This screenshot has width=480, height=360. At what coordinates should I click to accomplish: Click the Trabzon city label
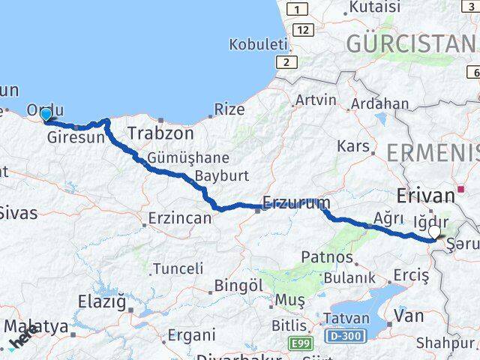coord(160,133)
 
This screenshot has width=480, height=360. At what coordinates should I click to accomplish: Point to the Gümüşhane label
coord(177,158)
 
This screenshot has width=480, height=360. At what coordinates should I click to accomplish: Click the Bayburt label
coord(216,177)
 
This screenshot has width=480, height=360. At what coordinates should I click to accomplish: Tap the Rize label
coord(229,109)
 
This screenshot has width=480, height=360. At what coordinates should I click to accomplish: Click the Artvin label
coord(316,100)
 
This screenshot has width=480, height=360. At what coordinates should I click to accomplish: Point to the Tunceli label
coord(178,268)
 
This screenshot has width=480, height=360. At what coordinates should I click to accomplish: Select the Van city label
coord(408,316)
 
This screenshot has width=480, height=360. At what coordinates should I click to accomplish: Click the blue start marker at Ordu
coord(46,114)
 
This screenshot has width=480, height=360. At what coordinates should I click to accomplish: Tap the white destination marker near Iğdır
coord(435,232)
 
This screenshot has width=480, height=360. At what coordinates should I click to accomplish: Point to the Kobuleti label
coord(258,44)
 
